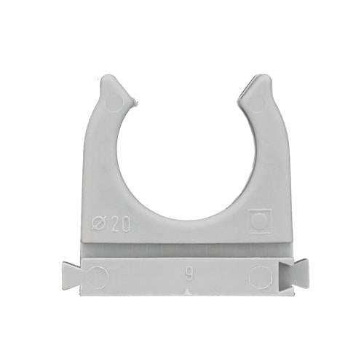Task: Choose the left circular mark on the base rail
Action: (98, 274)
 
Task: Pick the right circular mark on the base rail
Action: (260, 275)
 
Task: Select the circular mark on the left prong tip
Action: (114, 100)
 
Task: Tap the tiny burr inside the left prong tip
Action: (135, 103)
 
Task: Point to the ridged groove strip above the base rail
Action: (181, 248)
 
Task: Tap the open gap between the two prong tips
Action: (181, 91)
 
